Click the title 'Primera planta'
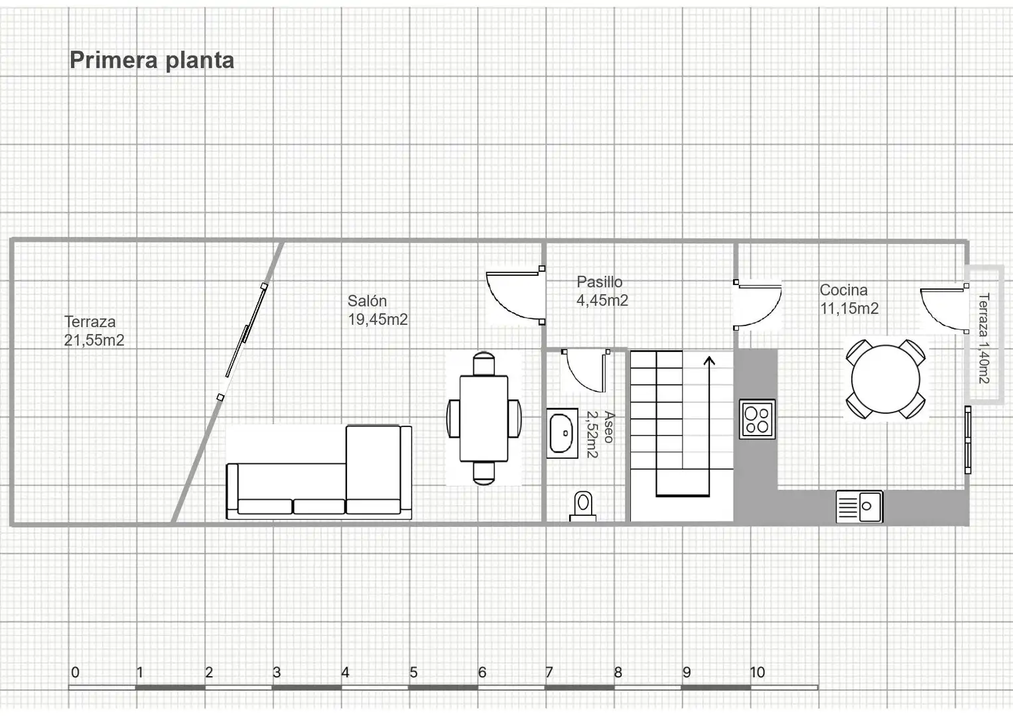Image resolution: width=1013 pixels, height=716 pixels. click(152, 60)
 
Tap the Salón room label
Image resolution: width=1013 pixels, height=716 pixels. click(377, 310)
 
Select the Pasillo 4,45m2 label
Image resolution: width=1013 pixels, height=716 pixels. click(602, 291)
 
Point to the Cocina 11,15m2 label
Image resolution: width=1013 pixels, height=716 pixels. click(849, 299)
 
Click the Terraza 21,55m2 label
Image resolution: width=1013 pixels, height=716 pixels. click(94, 331)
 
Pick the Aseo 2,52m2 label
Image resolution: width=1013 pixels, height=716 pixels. click(600, 434)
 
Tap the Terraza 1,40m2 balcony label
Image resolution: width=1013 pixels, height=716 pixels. click(984, 338)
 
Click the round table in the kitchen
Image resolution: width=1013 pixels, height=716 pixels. click(886, 379)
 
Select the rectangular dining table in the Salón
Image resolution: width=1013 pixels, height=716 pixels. click(484, 418)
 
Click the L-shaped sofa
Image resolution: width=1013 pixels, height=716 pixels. click(319, 472)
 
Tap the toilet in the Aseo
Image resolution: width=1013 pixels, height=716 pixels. click(583, 507)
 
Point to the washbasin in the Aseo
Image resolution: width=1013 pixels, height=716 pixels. click(562, 434)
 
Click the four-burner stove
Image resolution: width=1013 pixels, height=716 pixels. click(757, 419)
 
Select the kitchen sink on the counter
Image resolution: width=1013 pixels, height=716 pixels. click(859, 507)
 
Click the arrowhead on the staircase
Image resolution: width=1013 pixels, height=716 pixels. click(709, 361)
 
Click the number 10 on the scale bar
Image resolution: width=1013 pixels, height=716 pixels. click(758, 672)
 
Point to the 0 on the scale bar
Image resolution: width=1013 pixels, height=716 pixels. click(75, 672)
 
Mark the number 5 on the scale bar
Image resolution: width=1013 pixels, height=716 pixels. click(413, 672)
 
